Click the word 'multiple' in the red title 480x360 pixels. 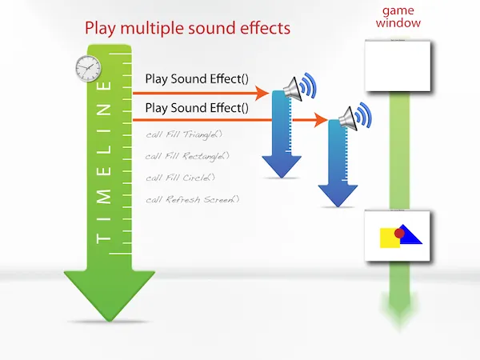(x=158, y=29)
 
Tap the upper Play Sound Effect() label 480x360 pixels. (x=197, y=79)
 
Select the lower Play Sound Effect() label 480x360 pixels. (x=197, y=107)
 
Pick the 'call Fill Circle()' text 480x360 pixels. (x=181, y=178)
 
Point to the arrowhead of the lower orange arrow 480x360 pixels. (x=323, y=121)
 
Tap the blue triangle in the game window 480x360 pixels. (x=409, y=235)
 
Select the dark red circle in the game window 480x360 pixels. (x=400, y=232)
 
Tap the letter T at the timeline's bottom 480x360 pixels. (x=102, y=238)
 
